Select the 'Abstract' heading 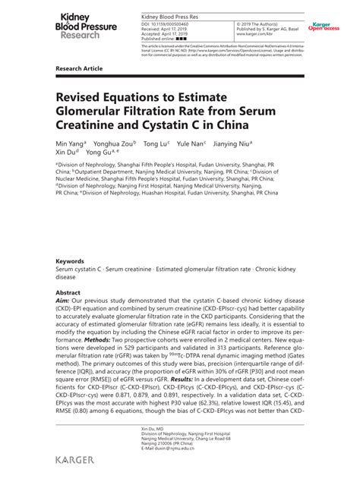click(68, 291)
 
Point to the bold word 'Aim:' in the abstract click(63, 300)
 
